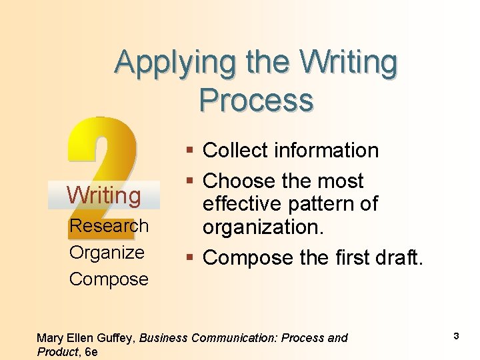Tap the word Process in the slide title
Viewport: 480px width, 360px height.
[255, 100]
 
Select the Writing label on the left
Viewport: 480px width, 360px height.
[104, 195]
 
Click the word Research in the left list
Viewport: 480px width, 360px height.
[109, 226]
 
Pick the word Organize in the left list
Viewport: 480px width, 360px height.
[107, 253]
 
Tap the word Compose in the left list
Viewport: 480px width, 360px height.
[109, 279]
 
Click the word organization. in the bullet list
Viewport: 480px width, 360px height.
[263, 227]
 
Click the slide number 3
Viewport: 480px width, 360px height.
[456, 336]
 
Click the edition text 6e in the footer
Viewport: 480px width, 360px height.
[91, 351]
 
